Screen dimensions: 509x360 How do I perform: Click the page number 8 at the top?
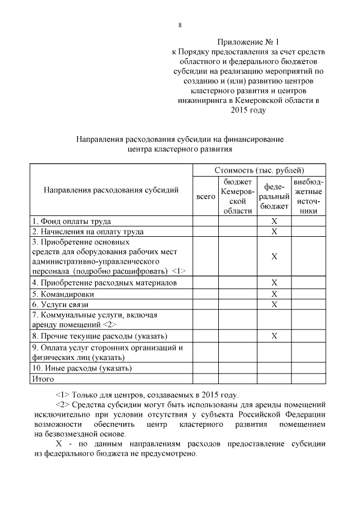(x=180, y=25)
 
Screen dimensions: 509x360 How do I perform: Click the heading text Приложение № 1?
(x=247, y=42)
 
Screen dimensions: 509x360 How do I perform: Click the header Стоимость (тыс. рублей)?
(x=259, y=170)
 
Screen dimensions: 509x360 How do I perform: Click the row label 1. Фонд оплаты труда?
(x=71, y=222)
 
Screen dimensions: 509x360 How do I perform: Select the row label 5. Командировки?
(x=63, y=294)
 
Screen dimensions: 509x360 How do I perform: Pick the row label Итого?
(x=43, y=379)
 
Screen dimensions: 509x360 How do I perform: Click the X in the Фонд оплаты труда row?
(x=274, y=222)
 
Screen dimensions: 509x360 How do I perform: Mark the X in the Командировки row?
(x=274, y=294)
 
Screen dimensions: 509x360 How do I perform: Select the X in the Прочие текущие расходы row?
(x=274, y=336)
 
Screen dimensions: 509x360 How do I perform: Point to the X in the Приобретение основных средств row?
(x=274, y=256)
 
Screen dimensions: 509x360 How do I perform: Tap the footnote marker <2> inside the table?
(x=110, y=325)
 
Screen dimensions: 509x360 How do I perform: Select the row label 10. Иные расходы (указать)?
(x=82, y=368)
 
